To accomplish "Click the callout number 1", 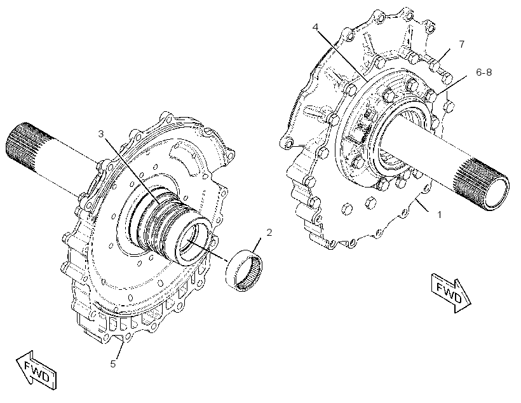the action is (439, 215).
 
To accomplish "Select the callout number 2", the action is (269, 233).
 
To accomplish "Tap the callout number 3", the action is (101, 133).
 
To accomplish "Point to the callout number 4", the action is (316, 27).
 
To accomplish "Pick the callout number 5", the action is (113, 364).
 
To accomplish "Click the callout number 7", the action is (461, 44).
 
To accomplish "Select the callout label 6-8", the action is (484, 72).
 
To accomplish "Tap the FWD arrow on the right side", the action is (451, 292).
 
